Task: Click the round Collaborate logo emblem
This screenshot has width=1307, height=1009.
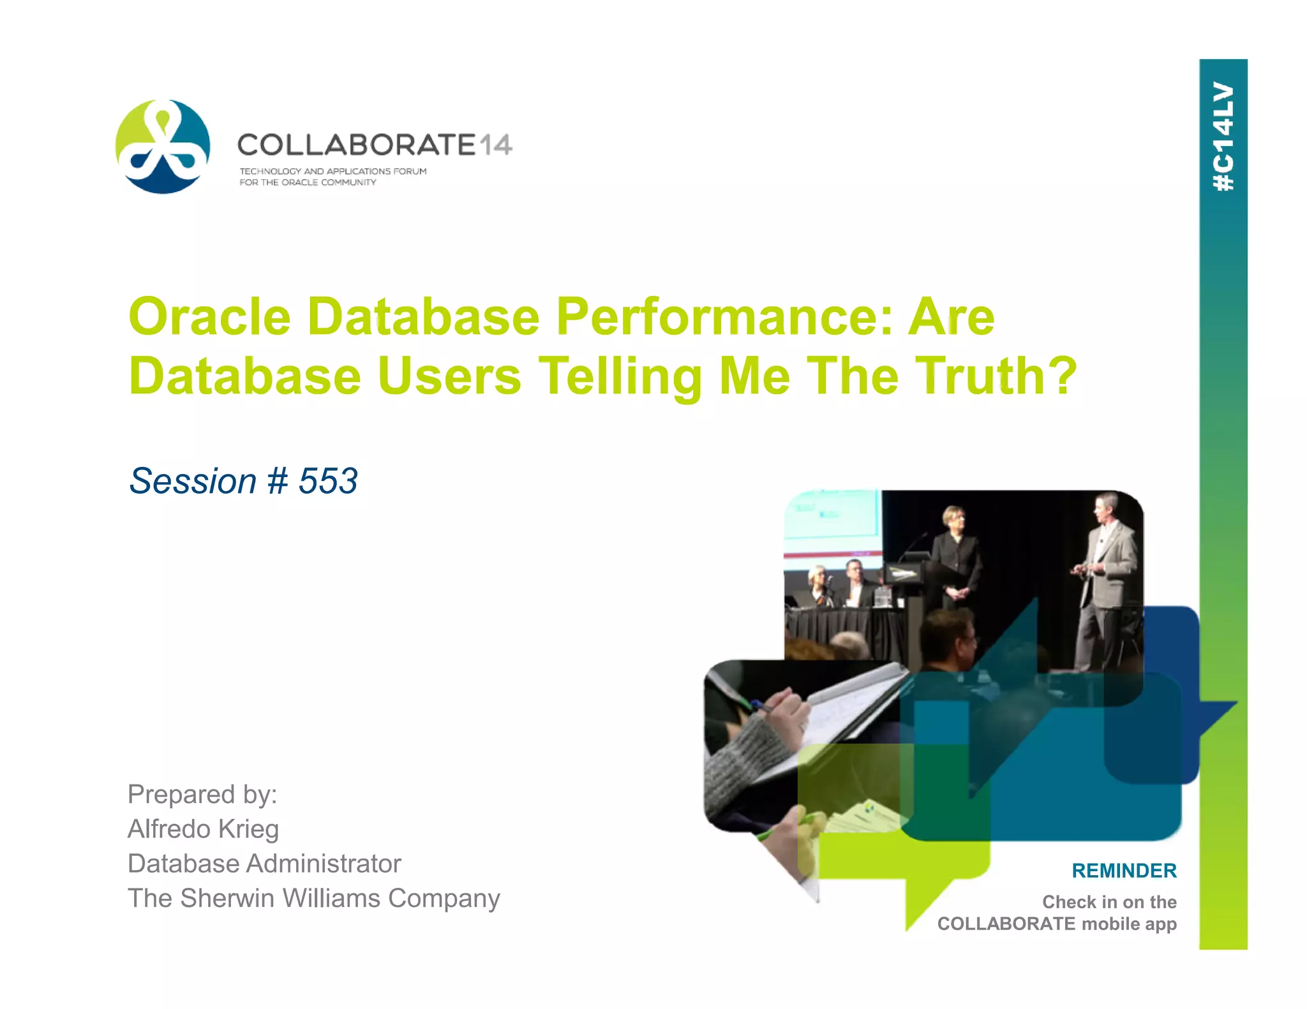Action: point(163,146)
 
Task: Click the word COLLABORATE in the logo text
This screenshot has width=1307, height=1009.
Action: point(356,145)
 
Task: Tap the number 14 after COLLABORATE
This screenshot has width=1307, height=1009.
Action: point(495,145)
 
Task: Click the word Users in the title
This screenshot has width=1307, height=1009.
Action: point(449,376)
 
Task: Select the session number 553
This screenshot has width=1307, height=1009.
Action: point(328,481)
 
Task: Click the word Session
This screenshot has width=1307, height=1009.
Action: point(193,481)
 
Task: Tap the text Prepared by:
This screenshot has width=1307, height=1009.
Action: point(202,795)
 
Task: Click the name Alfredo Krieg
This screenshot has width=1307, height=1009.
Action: point(203,829)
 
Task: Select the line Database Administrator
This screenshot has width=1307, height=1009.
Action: point(264,864)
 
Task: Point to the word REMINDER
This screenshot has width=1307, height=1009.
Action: point(1124,871)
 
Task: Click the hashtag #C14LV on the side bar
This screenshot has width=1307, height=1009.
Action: point(1223,136)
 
